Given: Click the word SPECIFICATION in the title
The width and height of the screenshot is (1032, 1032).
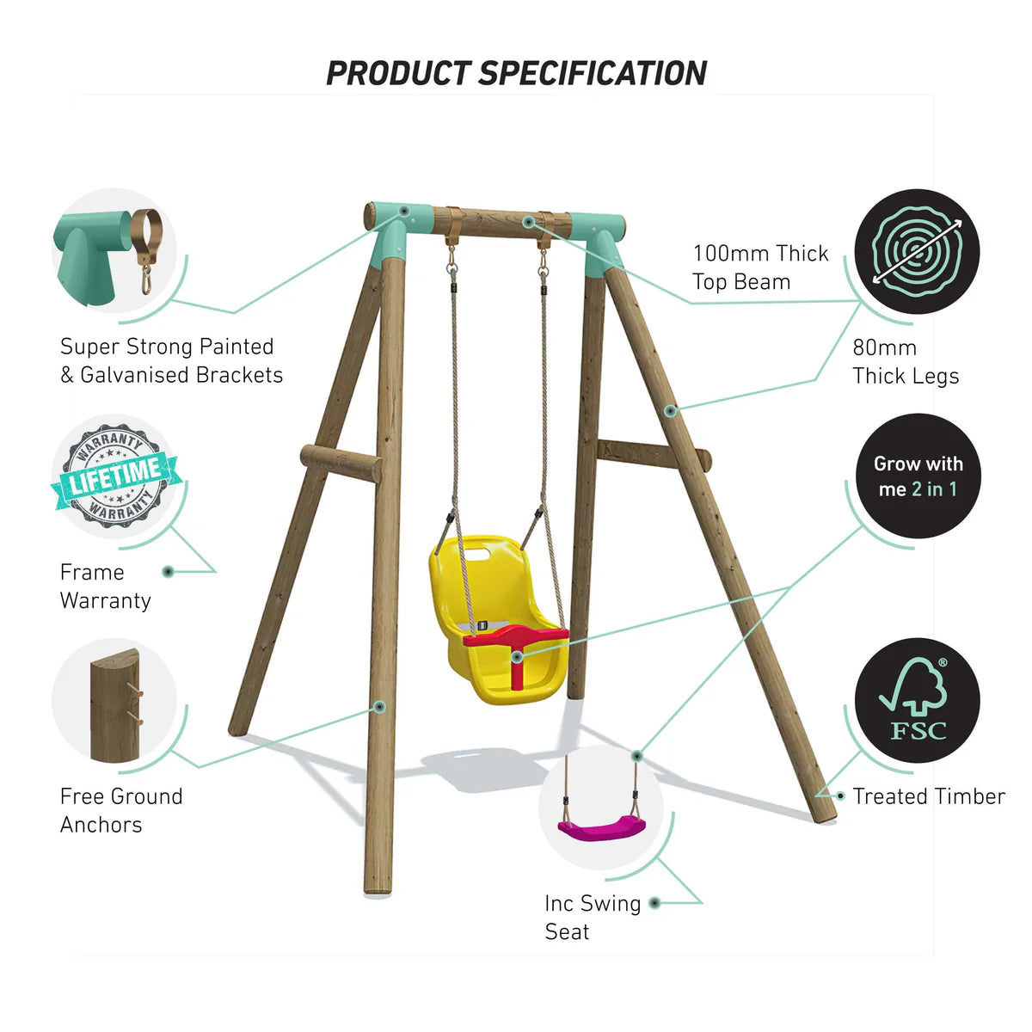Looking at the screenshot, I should tap(593, 74).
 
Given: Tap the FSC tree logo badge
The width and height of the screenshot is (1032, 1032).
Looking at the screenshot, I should tap(917, 701).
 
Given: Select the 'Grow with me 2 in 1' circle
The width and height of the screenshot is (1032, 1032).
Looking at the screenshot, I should tap(918, 476).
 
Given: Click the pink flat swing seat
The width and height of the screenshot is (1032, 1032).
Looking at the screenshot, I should tap(601, 827).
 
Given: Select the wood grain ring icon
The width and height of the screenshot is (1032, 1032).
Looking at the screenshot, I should tap(917, 252).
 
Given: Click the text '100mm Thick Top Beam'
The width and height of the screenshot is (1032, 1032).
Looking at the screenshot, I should tap(760, 267).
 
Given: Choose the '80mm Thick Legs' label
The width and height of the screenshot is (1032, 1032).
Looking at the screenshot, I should tap(905, 362).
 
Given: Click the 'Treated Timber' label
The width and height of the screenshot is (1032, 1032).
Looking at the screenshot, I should tap(928, 796).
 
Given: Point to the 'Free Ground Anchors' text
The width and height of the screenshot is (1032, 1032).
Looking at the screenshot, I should tap(121, 810).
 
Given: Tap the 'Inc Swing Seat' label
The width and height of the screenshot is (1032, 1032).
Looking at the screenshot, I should tap(592, 917).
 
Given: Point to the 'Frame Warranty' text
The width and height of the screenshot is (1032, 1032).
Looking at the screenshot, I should tap(105, 587).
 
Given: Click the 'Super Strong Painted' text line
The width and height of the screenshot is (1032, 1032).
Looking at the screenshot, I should tap(167, 347).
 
